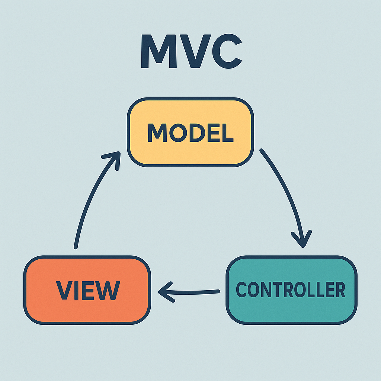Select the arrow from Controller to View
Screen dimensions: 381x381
click(190, 291)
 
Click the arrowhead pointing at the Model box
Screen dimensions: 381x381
click(114, 158)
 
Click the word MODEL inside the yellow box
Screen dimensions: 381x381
click(190, 133)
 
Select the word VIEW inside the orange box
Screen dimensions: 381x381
click(88, 290)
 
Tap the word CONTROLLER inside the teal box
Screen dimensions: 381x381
click(291, 290)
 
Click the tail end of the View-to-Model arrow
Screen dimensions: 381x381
click(76, 246)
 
